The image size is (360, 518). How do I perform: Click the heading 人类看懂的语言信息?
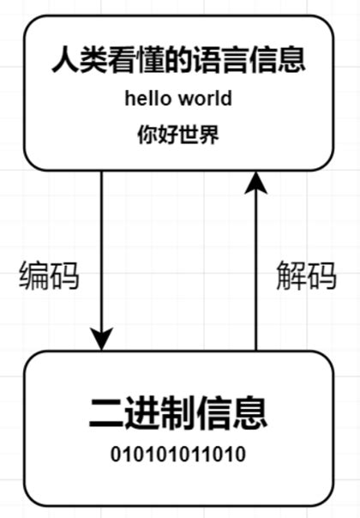coord(178,62)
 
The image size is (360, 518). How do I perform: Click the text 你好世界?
coord(178,135)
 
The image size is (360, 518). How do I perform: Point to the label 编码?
coord(49,276)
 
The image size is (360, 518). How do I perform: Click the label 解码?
coord(306,276)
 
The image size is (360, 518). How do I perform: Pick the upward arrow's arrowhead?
coord(255,183)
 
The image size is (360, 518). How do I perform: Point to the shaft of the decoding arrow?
coord(255,274)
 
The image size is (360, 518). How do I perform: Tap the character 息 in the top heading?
coord(293,62)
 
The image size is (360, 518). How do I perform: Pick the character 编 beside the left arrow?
coord(34,276)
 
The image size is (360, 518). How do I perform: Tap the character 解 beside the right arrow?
coord(291,276)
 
